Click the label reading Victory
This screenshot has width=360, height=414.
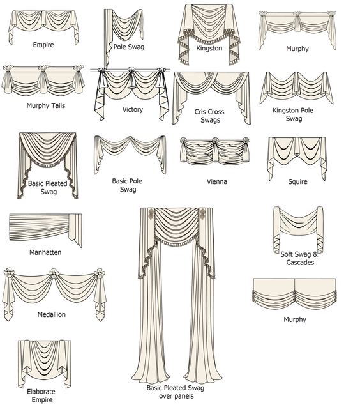point(132,109)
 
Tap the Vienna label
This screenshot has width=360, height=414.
point(217,181)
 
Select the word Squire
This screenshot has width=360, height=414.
point(297,181)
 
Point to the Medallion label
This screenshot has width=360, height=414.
point(52,314)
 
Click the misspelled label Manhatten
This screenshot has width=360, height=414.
point(45,252)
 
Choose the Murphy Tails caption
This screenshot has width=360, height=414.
point(45,105)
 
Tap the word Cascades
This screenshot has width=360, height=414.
point(300,263)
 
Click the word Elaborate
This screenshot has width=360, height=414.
point(41,392)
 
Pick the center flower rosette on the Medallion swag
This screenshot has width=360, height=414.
point(54,273)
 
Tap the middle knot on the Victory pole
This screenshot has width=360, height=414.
point(131,71)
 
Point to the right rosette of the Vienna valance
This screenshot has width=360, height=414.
point(245,140)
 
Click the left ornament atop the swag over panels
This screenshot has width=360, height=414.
point(151,212)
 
